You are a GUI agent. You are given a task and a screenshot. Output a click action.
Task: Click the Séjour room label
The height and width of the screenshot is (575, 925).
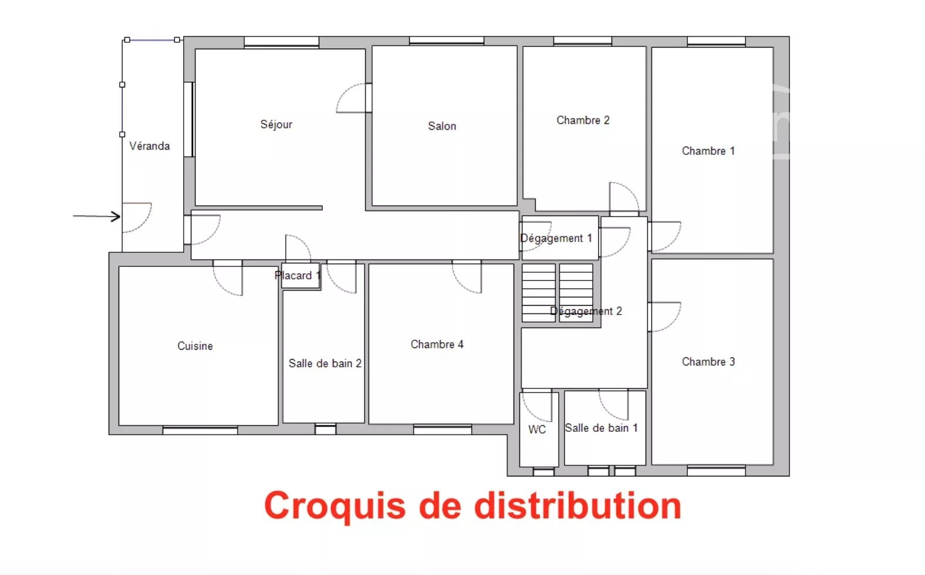(x=276, y=124)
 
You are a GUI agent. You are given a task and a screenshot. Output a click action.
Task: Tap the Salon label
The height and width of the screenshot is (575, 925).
(x=442, y=126)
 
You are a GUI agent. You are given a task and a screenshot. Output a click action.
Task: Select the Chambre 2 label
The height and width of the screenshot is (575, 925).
(x=583, y=120)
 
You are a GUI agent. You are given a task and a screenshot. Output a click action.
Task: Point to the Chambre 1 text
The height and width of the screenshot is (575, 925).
(x=708, y=151)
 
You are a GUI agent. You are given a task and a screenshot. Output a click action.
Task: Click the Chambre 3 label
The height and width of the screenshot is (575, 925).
(x=708, y=361)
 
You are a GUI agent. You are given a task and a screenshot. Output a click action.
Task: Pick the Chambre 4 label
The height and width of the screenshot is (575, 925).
(x=437, y=344)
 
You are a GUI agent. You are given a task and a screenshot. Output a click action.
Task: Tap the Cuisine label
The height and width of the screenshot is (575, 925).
(x=195, y=346)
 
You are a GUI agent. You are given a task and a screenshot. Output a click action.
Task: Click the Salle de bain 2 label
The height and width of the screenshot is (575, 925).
(x=325, y=363)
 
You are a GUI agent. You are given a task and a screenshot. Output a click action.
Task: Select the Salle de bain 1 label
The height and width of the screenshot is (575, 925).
(x=601, y=428)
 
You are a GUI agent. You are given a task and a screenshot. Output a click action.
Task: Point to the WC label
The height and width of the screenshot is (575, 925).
(x=537, y=429)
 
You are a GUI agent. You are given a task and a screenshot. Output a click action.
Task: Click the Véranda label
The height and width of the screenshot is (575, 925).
(x=150, y=146)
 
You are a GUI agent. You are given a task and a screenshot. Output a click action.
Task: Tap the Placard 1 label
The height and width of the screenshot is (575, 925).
(x=298, y=275)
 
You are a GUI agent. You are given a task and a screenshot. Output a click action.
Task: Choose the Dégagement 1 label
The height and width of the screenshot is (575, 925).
(x=556, y=238)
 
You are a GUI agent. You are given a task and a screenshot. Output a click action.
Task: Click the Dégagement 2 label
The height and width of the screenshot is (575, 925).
(x=586, y=311)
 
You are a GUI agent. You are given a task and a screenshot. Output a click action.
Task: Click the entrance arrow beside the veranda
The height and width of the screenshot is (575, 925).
(x=97, y=216)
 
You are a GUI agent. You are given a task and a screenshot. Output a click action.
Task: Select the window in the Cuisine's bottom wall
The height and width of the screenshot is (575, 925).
(x=200, y=431)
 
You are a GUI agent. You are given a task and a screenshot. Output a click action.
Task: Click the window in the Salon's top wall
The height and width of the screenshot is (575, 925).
(x=447, y=41)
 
